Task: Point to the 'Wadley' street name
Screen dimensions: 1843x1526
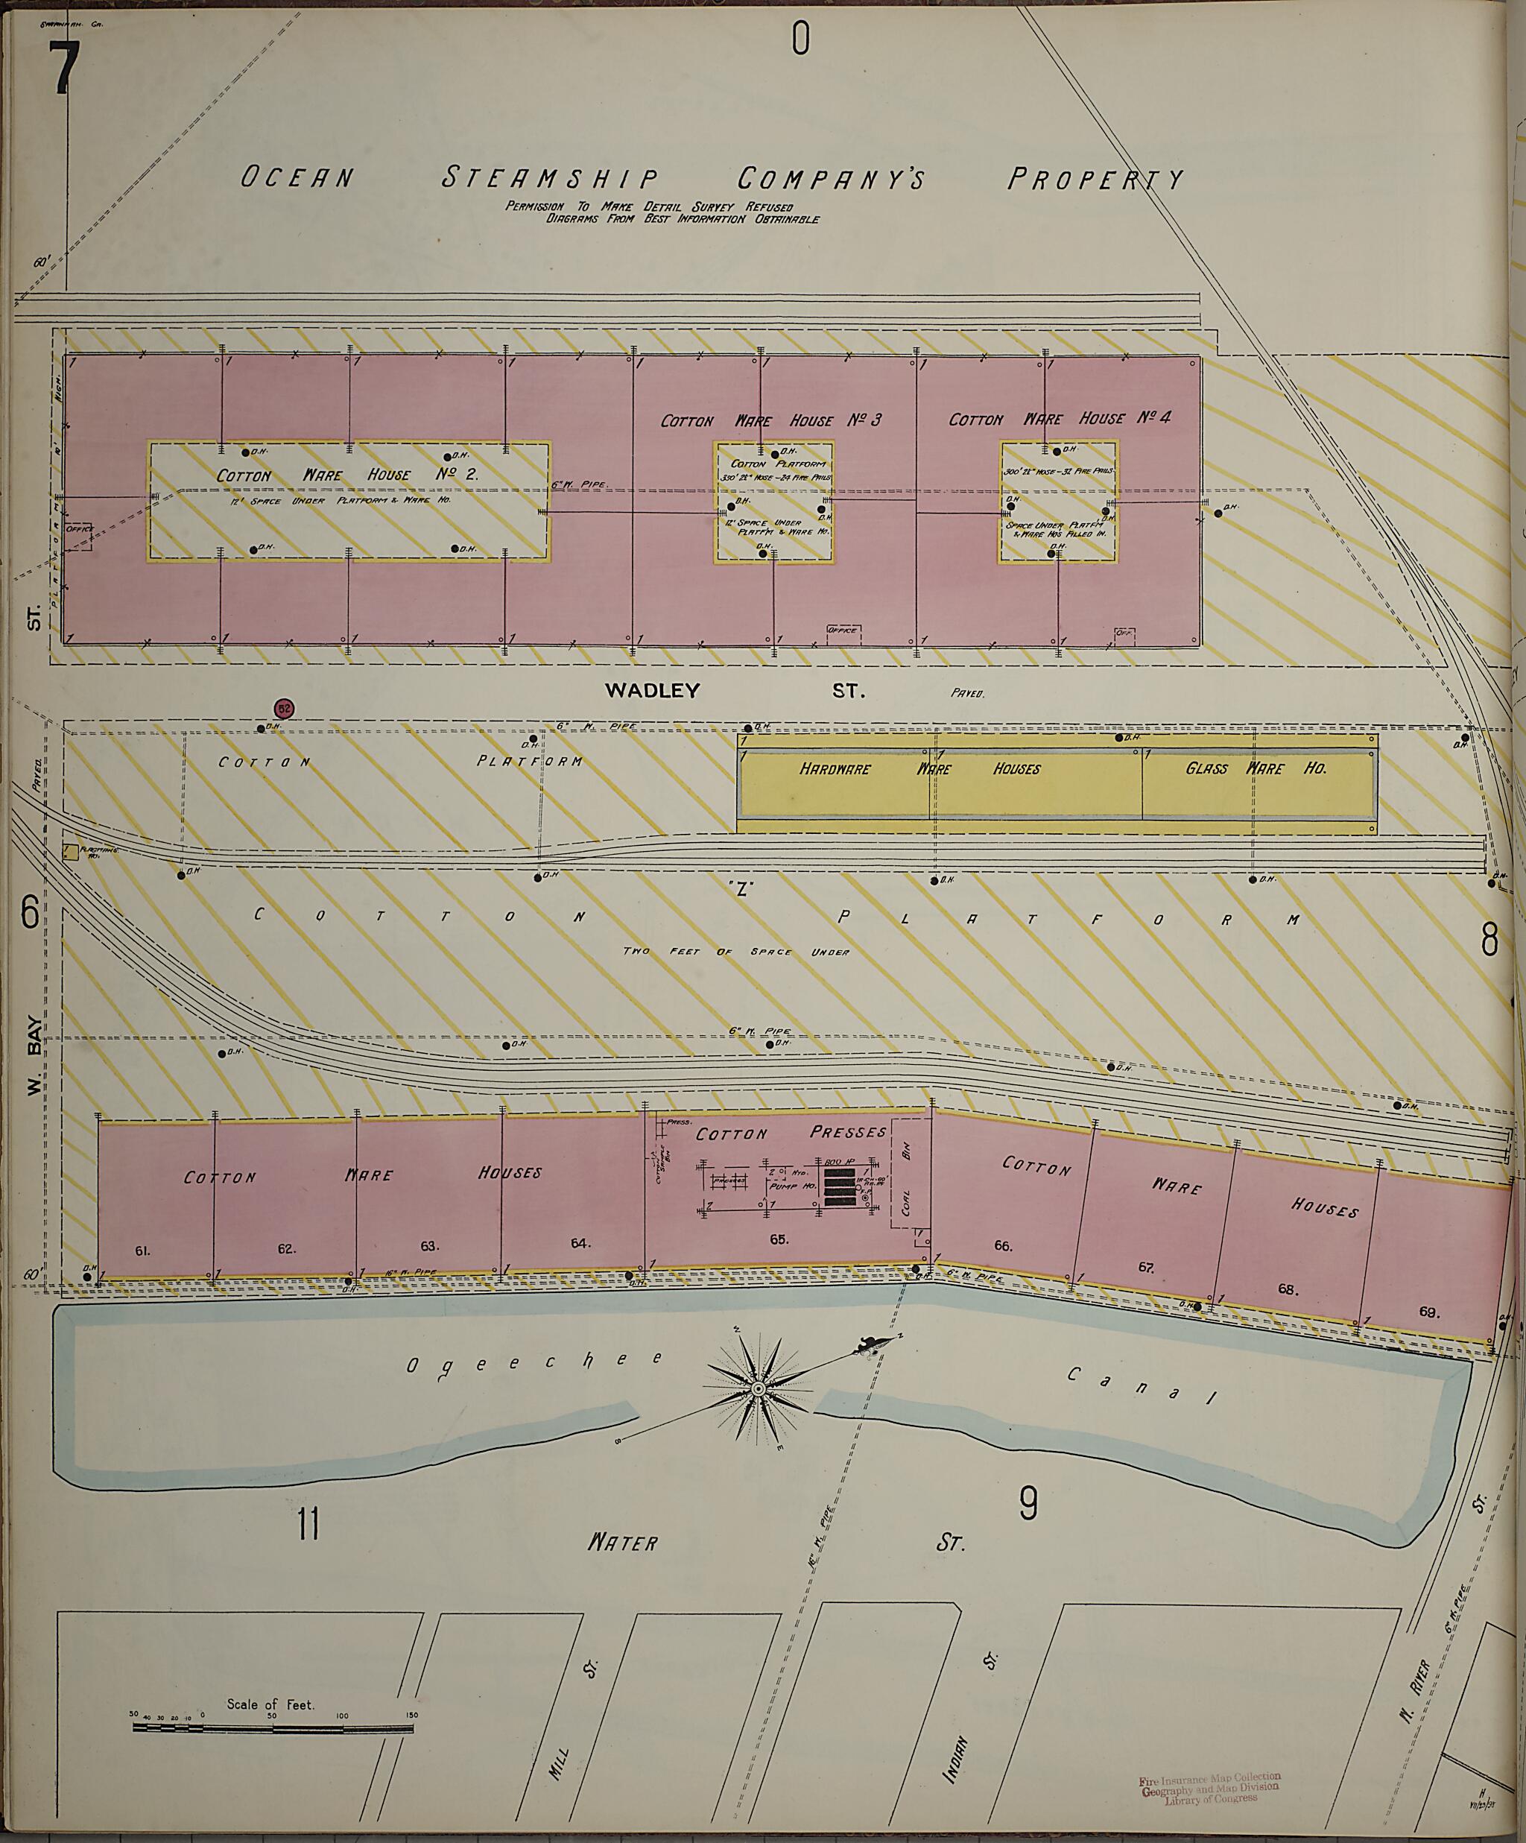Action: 652,691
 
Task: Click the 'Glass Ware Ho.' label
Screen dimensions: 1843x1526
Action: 1256,769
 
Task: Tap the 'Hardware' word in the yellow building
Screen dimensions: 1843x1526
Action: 835,769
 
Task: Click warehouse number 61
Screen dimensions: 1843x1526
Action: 143,1251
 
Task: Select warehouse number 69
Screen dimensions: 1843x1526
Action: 1428,1312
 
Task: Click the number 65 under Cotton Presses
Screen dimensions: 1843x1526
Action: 779,1239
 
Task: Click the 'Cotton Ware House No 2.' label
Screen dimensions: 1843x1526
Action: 346,475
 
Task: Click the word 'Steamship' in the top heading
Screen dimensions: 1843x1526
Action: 550,178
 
